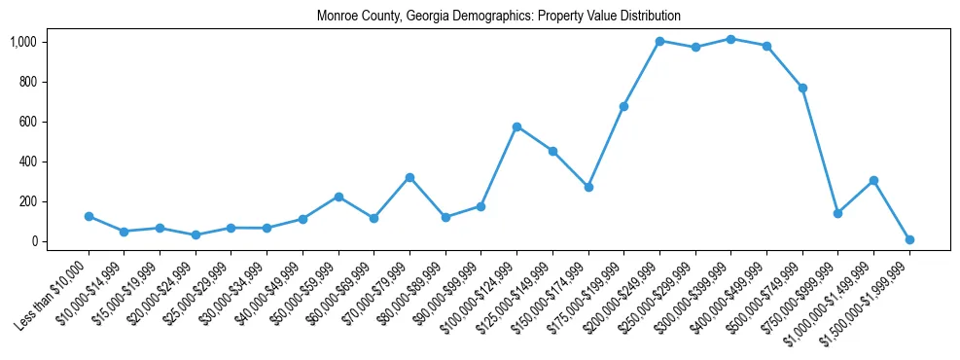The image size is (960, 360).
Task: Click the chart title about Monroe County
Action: coord(498,17)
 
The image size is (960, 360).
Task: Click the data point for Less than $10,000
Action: coord(89,216)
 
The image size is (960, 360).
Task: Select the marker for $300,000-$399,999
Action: coord(730,39)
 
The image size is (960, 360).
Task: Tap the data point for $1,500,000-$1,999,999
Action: coord(909,239)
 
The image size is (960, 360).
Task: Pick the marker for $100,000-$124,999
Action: coord(516,126)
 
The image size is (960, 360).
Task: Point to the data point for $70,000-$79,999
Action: coord(409,177)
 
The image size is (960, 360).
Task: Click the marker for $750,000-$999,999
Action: coord(837,213)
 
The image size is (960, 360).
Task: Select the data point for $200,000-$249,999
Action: coord(659,41)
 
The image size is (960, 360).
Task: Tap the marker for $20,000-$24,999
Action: coord(196,234)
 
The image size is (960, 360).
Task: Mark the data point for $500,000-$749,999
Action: coord(802,88)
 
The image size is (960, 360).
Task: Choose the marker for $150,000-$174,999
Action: coord(588,187)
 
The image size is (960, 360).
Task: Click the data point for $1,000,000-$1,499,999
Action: coord(873,180)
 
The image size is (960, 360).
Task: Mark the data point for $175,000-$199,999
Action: coord(623,106)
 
